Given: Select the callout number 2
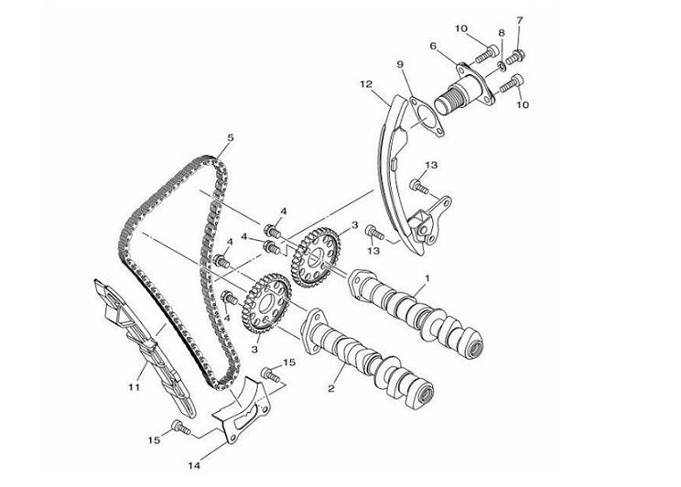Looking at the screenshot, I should [x=331, y=388].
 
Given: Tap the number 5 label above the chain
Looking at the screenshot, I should [x=231, y=138].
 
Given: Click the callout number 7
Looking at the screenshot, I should [x=520, y=20].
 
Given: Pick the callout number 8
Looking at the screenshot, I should [x=502, y=33].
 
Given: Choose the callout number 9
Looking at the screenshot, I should [x=400, y=65].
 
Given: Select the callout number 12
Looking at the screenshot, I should [x=364, y=85].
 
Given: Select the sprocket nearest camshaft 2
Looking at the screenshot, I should [x=266, y=306].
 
